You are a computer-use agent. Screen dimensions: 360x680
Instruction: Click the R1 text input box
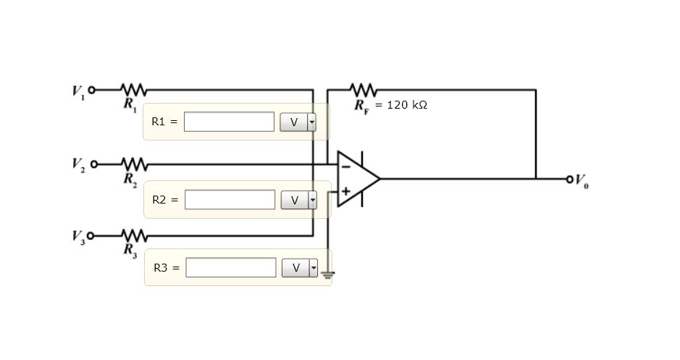[229, 122]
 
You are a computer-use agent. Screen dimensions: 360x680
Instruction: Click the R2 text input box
[230, 199]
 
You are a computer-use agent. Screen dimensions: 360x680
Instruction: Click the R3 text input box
[230, 267]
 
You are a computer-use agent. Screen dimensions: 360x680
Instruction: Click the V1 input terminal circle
[92, 90]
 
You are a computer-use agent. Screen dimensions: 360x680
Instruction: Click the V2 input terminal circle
[92, 164]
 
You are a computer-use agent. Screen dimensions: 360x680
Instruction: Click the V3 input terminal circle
[92, 235]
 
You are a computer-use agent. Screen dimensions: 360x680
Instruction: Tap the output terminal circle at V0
[570, 178]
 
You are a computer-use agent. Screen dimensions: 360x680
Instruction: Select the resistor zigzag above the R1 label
[134, 90]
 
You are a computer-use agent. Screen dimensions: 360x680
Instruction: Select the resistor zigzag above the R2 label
[134, 164]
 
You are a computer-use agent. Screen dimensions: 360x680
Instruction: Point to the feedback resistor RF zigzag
[364, 90]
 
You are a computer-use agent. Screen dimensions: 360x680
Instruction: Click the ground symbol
[328, 274]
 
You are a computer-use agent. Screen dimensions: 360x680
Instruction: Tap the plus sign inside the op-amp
[346, 191]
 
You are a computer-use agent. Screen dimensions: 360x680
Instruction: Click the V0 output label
[582, 180]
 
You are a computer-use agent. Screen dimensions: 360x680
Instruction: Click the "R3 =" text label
[166, 267]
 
